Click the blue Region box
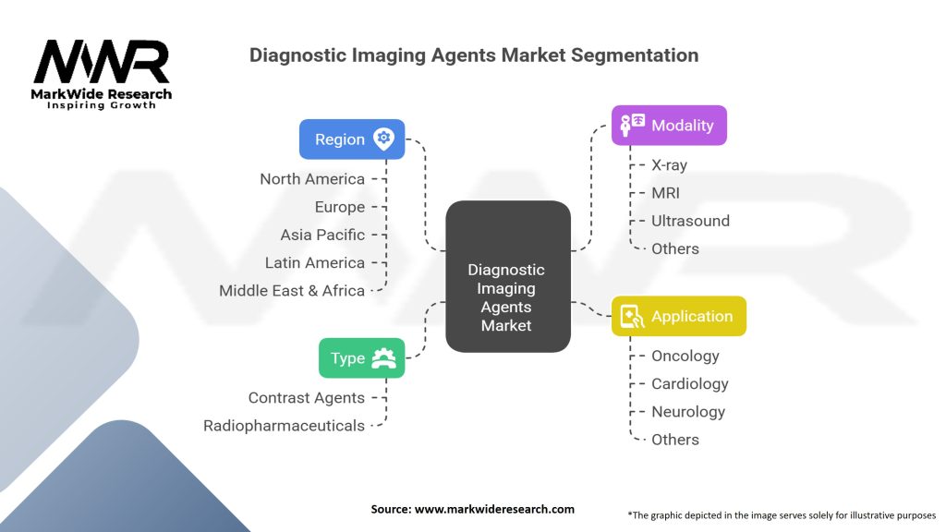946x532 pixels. (x=352, y=139)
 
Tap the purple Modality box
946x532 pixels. (x=669, y=126)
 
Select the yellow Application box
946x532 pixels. (x=679, y=316)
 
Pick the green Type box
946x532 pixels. (x=361, y=358)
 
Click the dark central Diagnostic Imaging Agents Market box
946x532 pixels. (x=508, y=276)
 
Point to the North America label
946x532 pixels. (x=312, y=179)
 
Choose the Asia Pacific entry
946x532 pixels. (x=322, y=235)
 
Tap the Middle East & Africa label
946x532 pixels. (x=292, y=291)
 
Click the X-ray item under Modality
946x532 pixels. (x=669, y=165)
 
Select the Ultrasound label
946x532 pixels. (x=691, y=221)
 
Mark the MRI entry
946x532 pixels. (x=665, y=193)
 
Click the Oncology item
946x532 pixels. (x=685, y=356)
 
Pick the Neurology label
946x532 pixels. (x=688, y=412)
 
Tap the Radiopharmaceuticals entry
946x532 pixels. (x=285, y=426)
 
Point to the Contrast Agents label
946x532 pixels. (x=307, y=398)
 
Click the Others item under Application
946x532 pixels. (x=675, y=440)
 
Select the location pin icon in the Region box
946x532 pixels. (x=383, y=139)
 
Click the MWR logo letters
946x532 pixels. (x=102, y=62)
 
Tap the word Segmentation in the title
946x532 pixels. (x=635, y=54)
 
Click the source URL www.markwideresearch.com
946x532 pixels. (x=495, y=509)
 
